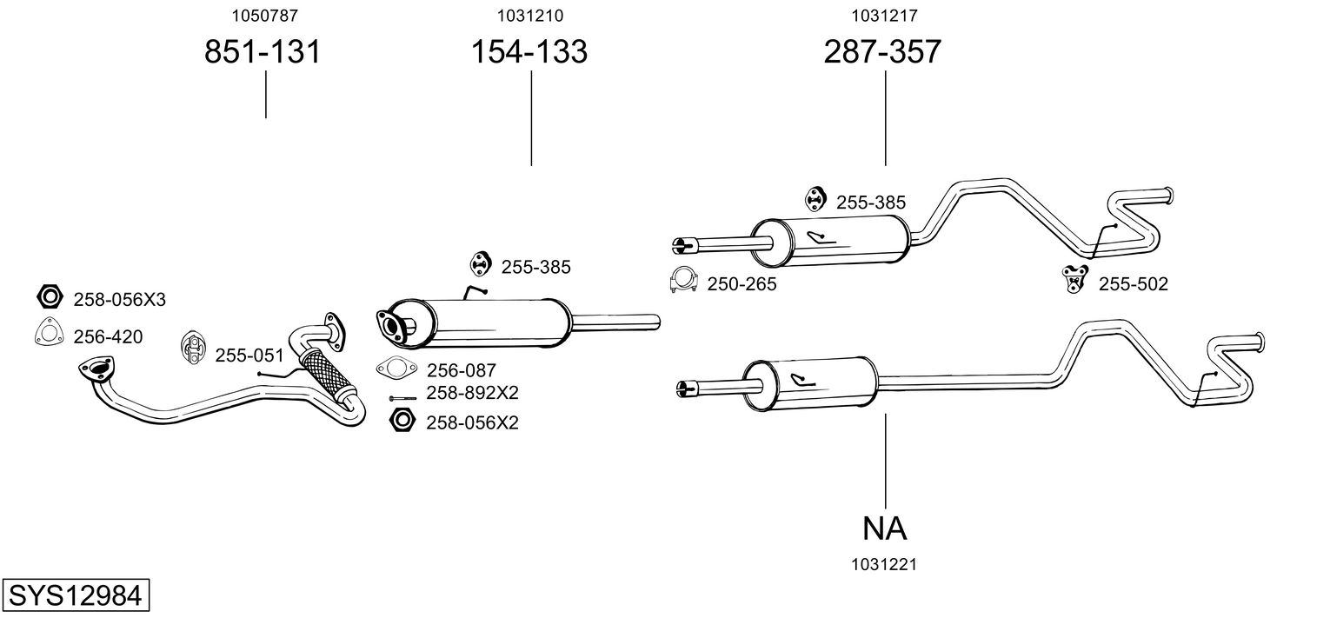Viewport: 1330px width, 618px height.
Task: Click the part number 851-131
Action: [263, 52]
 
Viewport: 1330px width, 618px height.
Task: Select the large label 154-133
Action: [529, 52]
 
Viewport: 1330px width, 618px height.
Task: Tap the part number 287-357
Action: [882, 52]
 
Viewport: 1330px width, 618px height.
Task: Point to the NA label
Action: [885, 528]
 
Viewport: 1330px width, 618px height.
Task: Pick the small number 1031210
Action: [529, 15]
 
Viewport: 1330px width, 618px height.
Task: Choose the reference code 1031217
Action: [885, 15]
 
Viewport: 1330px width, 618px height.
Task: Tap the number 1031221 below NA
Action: [885, 565]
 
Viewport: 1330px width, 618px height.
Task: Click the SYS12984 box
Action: [74, 596]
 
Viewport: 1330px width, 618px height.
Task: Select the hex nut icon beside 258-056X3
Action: [50, 297]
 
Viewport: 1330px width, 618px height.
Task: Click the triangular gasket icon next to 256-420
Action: [50, 334]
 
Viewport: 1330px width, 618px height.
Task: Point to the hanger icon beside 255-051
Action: [195, 350]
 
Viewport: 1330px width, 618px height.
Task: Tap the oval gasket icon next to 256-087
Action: [397, 369]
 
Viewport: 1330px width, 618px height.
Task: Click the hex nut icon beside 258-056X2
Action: [402, 421]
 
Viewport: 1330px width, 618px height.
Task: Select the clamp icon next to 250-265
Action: [685, 280]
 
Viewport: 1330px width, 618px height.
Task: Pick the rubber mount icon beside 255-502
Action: [1075, 279]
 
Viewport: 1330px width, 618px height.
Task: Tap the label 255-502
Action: [1133, 283]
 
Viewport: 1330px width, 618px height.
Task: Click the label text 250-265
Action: [741, 283]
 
